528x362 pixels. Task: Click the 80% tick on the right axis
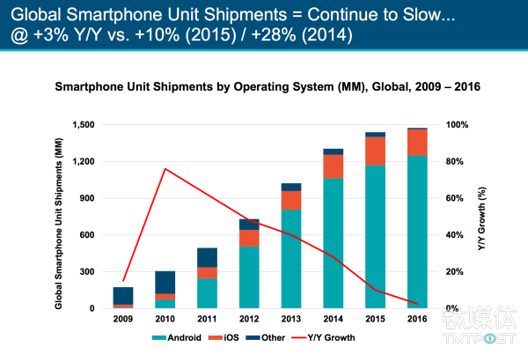point(456,161)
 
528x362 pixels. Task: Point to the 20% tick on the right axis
point(456,271)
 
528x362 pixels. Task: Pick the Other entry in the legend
point(274,337)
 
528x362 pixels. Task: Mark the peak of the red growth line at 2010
point(165,168)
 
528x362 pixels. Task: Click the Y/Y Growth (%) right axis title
point(483,216)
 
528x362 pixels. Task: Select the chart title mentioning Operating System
point(263,88)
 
